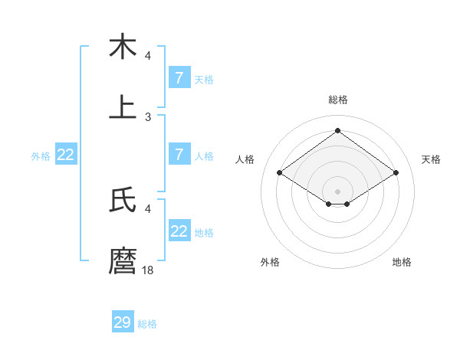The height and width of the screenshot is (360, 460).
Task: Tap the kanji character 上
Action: point(123,106)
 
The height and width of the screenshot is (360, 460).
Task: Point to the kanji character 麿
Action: point(123,260)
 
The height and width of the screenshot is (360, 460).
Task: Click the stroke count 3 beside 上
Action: point(148,116)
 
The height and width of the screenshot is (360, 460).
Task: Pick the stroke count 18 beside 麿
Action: point(148,270)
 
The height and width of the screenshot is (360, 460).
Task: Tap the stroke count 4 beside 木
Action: point(148,56)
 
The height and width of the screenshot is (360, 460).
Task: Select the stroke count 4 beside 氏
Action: point(148,208)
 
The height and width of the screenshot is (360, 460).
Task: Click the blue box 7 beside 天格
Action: point(179,77)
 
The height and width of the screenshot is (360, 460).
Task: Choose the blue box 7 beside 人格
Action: point(179,154)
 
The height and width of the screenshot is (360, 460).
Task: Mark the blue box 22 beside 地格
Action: point(179,231)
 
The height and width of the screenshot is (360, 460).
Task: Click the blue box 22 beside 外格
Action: point(66,154)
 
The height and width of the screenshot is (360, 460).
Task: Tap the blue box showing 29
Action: point(123,322)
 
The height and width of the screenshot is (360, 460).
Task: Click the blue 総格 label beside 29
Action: point(148,324)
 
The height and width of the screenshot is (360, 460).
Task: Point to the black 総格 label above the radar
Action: point(337,100)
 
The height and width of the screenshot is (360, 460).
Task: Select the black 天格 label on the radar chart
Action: point(432,159)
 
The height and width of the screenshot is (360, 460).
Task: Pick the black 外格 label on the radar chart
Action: point(270,262)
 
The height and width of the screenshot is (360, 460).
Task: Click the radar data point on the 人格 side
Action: point(280,173)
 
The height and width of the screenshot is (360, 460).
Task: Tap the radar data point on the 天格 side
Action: point(396,173)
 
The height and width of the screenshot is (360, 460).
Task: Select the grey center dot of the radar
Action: point(337,191)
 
